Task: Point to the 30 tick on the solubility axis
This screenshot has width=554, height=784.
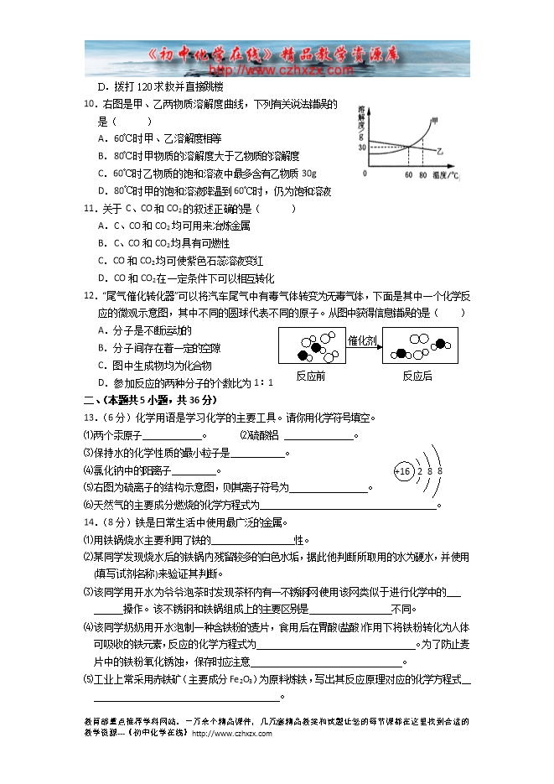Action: (362, 148)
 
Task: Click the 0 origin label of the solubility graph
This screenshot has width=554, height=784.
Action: (365, 174)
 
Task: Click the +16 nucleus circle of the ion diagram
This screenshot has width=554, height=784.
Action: (404, 471)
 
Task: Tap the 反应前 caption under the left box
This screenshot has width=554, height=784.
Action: (311, 376)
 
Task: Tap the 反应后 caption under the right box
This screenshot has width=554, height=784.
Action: (417, 376)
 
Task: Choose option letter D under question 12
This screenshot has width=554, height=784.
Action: (101, 383)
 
